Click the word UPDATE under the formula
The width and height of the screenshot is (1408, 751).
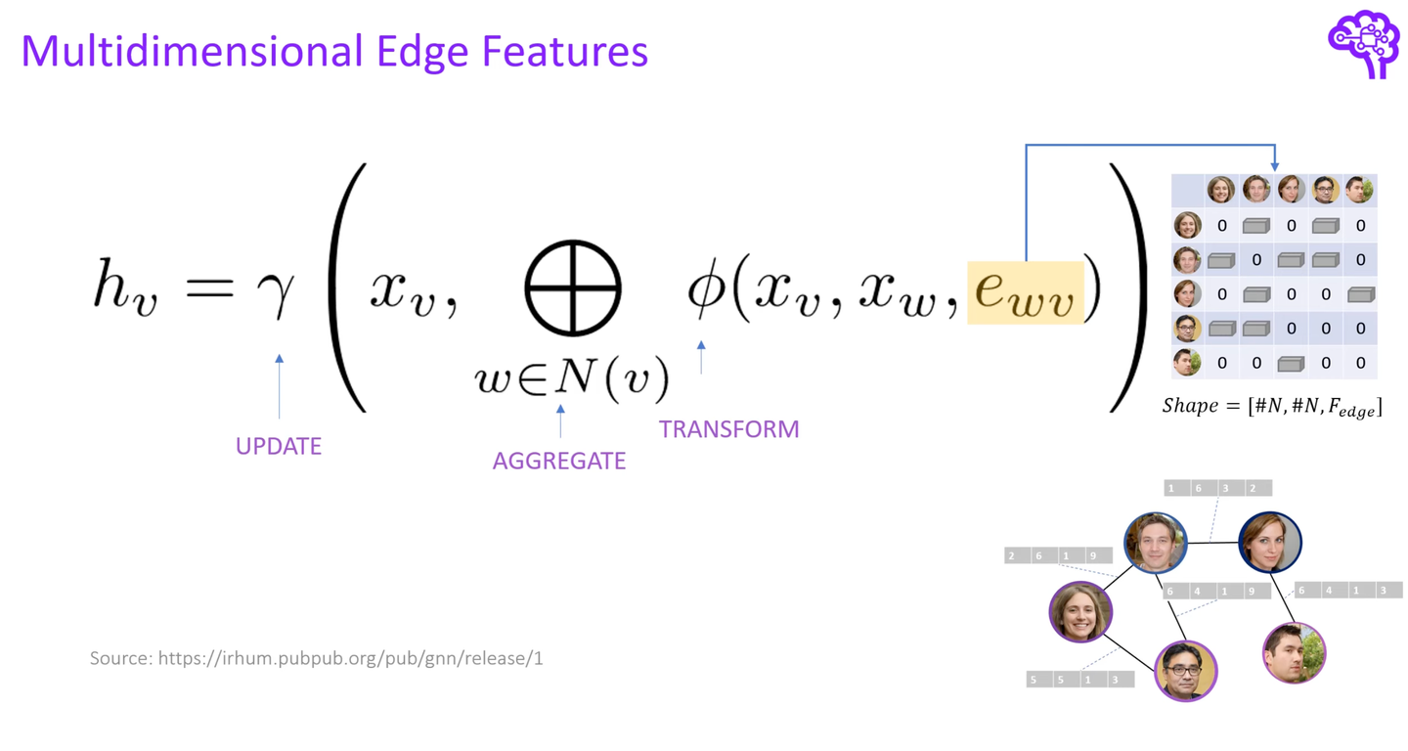click(x=278, y=446)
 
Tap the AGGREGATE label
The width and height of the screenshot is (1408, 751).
click(x=558, y=461)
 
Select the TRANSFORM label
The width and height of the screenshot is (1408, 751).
click(x=728, y=429)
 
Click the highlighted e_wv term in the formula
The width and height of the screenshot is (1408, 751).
click(x=1025, y=292)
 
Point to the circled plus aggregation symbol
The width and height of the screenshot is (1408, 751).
click(x=573, y=288)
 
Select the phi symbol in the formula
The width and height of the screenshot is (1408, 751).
click(x=703, y=290)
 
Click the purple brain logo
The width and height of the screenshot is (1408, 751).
click(x=1364, y=43)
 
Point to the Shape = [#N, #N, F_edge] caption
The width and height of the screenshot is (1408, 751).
click(x=1272, y=407)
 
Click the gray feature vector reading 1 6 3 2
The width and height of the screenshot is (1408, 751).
click(x=1217, y=488)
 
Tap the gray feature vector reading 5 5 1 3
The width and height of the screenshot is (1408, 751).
click(x=1079, y=679)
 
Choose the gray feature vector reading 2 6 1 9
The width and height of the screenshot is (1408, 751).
click(x=1058, y=555)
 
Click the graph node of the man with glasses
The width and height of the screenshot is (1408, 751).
click(x=1185, y=671)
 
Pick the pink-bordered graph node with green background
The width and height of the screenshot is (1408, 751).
click(x=1294, y=652)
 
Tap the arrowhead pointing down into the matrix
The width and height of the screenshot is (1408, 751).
click(x=1274, y=166)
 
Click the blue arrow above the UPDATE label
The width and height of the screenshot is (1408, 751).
click(x=279, y=387)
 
